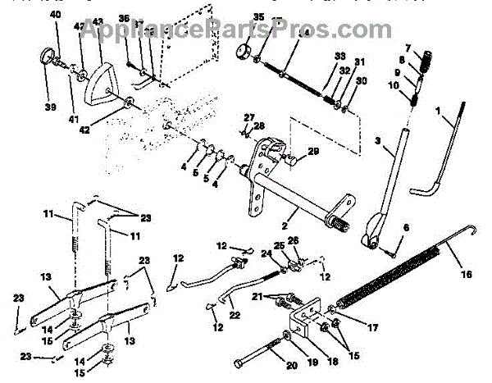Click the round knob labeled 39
(x=47, y=59)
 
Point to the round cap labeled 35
(x=242, y=52)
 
